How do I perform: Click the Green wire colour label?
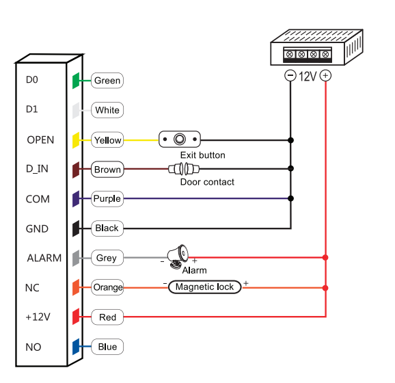click(x=107, y=81)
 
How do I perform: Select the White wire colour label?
click(x=107, y=110)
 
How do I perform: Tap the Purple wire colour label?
click(x=107, y=199)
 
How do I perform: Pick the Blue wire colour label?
click(x=107, y=347)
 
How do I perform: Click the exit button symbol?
click(x=180, y=139)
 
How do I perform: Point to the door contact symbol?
click(x=184, y=169)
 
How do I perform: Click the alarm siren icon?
click(x=178, y=256)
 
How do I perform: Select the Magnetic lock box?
click(x=204, y=287)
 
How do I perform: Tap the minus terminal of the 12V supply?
click(x=290, y=75)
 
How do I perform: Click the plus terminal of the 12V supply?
click(x=325, y=75)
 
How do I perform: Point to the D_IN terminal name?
click(x=37, y=169)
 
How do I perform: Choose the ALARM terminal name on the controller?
click(x=44, y=258)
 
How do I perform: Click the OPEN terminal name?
click(x=40, y=140)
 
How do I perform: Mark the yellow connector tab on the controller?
click(x=76, y=140)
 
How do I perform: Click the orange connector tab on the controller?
click(x=76, y=287)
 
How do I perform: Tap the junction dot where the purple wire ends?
click(x=290, y=198)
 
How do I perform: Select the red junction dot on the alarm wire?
click(x=325, y=257)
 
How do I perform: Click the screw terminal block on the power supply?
click(x=308, y=55)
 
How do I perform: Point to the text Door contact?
click(x=207, y=182)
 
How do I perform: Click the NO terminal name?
click(x=33, y=347)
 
